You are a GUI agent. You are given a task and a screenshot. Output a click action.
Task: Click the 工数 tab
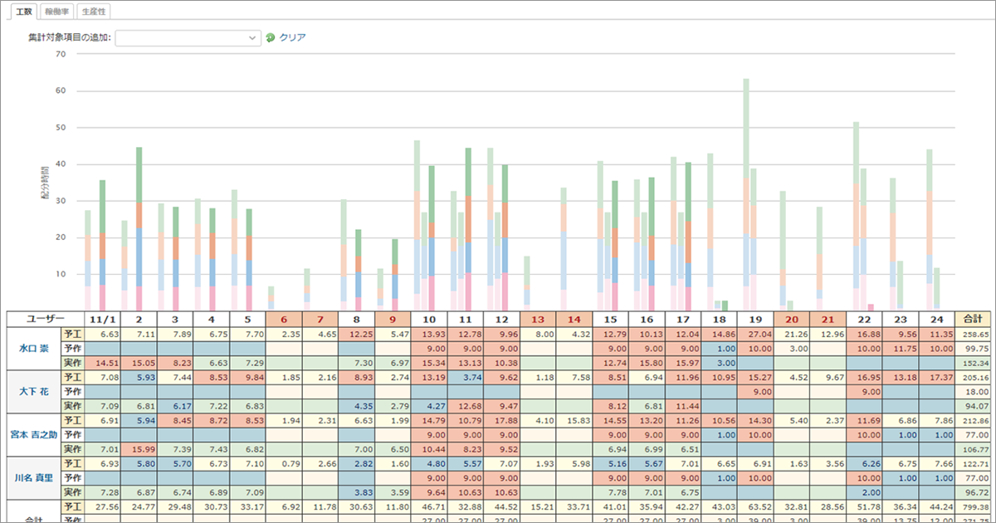click(x=24, y=12)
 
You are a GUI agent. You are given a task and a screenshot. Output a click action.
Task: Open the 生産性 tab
click(x=94, y=12)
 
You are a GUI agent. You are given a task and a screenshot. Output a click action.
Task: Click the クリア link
click(x=292, y=37)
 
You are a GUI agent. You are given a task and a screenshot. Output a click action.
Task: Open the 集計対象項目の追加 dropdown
click(x=188, y=37)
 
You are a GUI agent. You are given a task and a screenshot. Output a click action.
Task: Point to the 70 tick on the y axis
click(x=60, y=55)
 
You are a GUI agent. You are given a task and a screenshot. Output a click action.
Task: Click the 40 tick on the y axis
click(x=60, y=164)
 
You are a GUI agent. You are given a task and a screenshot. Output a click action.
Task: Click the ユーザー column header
click(x=45, y=319)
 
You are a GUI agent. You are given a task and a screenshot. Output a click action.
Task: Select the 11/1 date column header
click(x=102, y=319)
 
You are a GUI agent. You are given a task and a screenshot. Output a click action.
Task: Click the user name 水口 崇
click(x=34, y=348)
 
